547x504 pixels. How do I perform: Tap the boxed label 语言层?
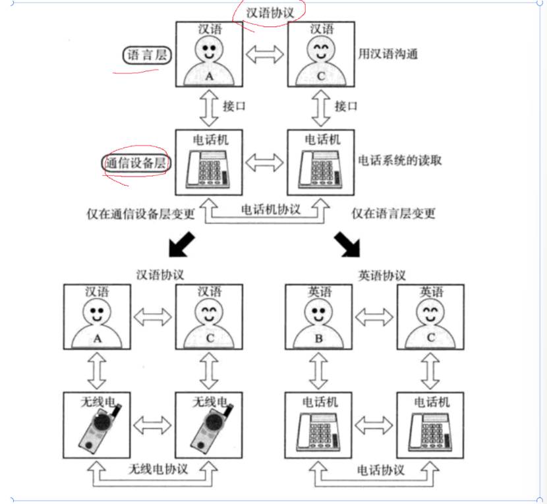tap(146, 56)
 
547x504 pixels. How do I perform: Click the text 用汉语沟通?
tap(388, 54)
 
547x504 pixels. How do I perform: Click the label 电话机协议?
tap(270, 210)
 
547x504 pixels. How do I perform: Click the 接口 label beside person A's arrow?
tap(235, 106)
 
